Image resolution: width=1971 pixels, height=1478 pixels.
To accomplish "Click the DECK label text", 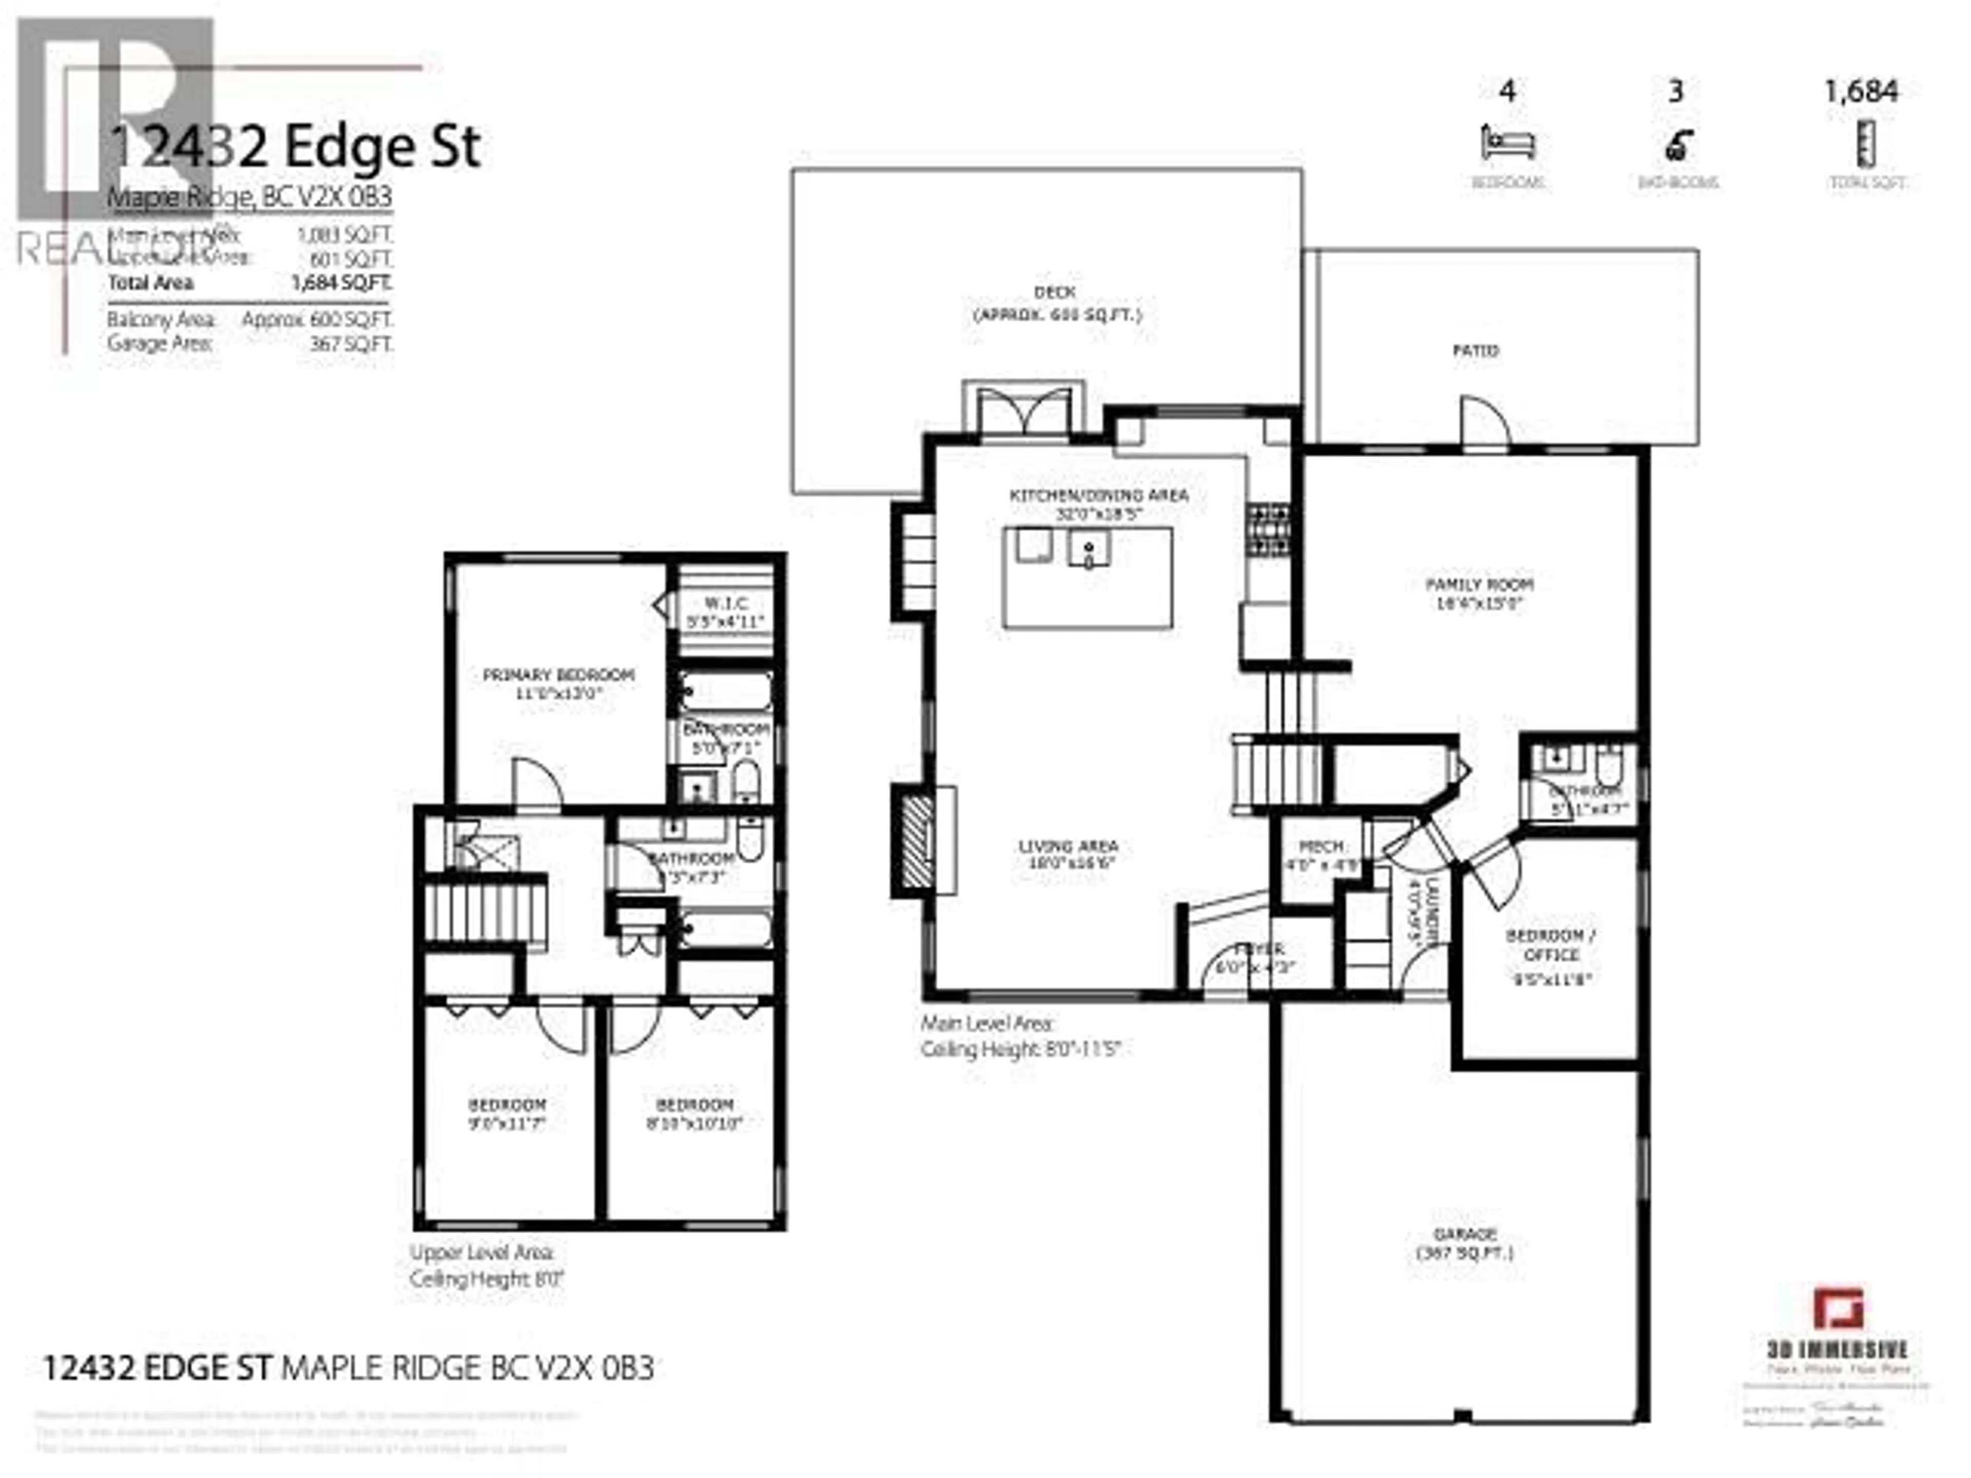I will pos(1055,292).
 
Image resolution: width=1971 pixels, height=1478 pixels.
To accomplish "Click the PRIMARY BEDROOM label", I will pos(558,675).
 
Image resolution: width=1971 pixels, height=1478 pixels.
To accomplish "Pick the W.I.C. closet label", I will pos(726,603).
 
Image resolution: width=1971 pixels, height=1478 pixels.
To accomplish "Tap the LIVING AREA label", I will pos(1068,846).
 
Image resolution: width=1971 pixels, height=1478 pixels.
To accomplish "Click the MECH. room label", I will pos(1322,846).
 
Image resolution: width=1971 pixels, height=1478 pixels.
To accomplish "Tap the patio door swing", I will pos(1483,421).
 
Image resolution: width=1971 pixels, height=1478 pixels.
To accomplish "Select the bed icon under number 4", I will pos(1508,143).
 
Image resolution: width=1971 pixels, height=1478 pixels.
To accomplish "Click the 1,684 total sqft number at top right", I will pos(1861,91).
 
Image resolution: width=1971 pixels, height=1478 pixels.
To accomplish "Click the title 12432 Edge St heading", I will pos(294,147).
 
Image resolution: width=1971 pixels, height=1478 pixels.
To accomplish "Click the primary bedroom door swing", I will pos(535,784).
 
